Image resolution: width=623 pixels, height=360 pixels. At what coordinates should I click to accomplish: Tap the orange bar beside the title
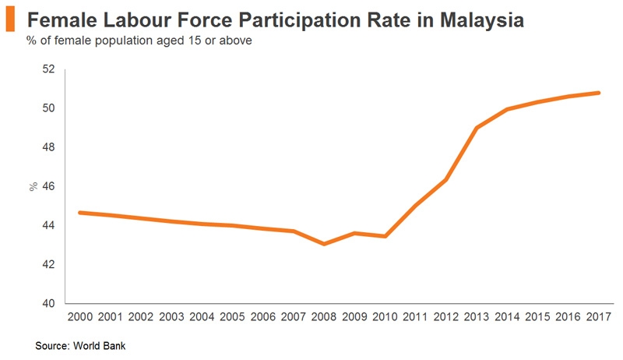click(x=10, y=21)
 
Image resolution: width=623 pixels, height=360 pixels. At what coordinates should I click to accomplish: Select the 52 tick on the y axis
click(x=48, y=69)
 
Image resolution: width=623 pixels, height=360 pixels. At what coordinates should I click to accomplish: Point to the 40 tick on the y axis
click(x=48, y=304)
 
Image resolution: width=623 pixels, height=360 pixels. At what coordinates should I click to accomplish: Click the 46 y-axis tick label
click(x=48, y=186)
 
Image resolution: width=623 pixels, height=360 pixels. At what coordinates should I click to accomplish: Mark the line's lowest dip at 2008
click(x=324, y=244)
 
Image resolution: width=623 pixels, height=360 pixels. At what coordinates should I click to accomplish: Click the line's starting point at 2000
click(x=81, y=212)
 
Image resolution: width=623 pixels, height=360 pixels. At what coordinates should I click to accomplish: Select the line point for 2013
click(x=477, y=128)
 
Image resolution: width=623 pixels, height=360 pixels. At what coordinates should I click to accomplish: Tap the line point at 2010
click(x=385, y=236)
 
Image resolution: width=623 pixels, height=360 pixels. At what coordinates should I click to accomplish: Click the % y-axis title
click(x=33, y=187)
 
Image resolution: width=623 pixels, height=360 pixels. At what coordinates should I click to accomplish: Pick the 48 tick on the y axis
click(x=48, y=147)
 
